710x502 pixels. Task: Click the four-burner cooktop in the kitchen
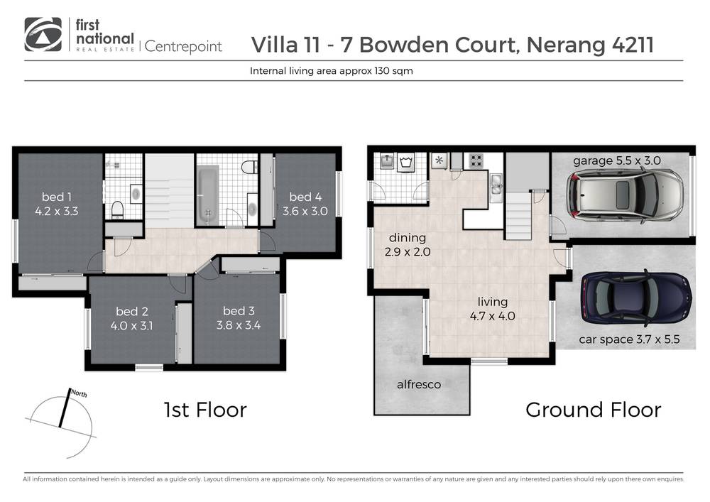(474, 161)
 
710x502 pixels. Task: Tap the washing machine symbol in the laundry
(408, 161)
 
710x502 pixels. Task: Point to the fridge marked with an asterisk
(438, 160)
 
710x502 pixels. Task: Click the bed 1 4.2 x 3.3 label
(56, 204)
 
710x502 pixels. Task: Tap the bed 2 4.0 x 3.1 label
(131, 319)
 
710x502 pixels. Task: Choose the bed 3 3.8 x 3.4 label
(239, 319)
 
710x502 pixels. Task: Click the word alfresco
(419, 384)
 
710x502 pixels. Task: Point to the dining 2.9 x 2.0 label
(407, 245)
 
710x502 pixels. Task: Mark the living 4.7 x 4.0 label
(486, 309)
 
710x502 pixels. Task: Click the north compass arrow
(65, 408)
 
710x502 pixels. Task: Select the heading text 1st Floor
(204, 410)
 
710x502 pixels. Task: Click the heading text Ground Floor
(593, 410)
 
